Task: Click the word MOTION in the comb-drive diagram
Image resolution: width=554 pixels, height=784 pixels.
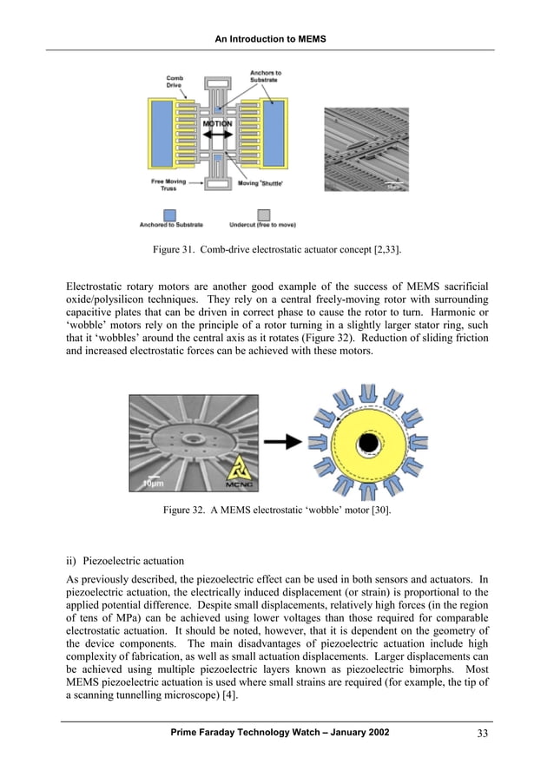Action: click(x=218, y=125)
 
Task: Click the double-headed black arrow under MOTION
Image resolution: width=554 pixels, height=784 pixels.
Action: click(x=218, y=139)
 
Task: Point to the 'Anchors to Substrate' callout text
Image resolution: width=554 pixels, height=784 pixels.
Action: click(x=265, y=76)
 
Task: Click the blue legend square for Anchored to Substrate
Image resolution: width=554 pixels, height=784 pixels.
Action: click(x=170, y=214)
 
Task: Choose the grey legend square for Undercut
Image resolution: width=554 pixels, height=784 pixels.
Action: click(x=263, y=214)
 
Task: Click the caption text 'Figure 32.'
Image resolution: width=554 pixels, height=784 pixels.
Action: click(x=184, y=510)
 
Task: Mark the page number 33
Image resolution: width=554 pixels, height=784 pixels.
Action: click(x=484, y=734)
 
